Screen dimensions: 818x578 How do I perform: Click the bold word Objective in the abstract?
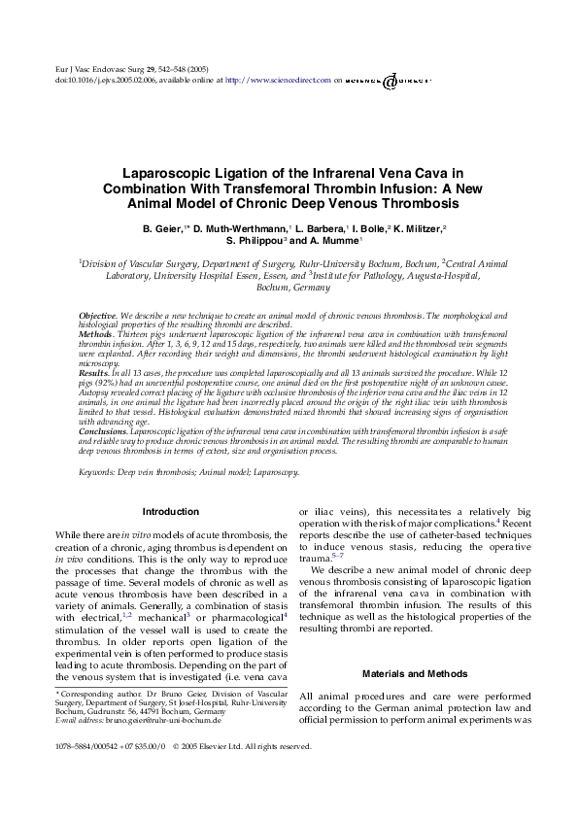pos(97,317)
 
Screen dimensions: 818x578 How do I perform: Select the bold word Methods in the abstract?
pos(96,333)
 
